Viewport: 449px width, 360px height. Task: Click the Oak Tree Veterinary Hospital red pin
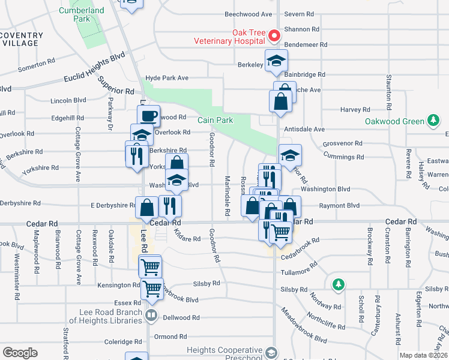point(275,36)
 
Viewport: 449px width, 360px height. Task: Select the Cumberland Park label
point(82,15)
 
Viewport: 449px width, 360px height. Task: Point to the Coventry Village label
point(22,40)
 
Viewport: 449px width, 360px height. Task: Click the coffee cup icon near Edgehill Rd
point(148,115)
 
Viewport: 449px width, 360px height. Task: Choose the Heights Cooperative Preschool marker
point(272,353)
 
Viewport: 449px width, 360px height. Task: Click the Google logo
point(20,353)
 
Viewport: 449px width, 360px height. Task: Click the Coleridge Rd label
point(122,342)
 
